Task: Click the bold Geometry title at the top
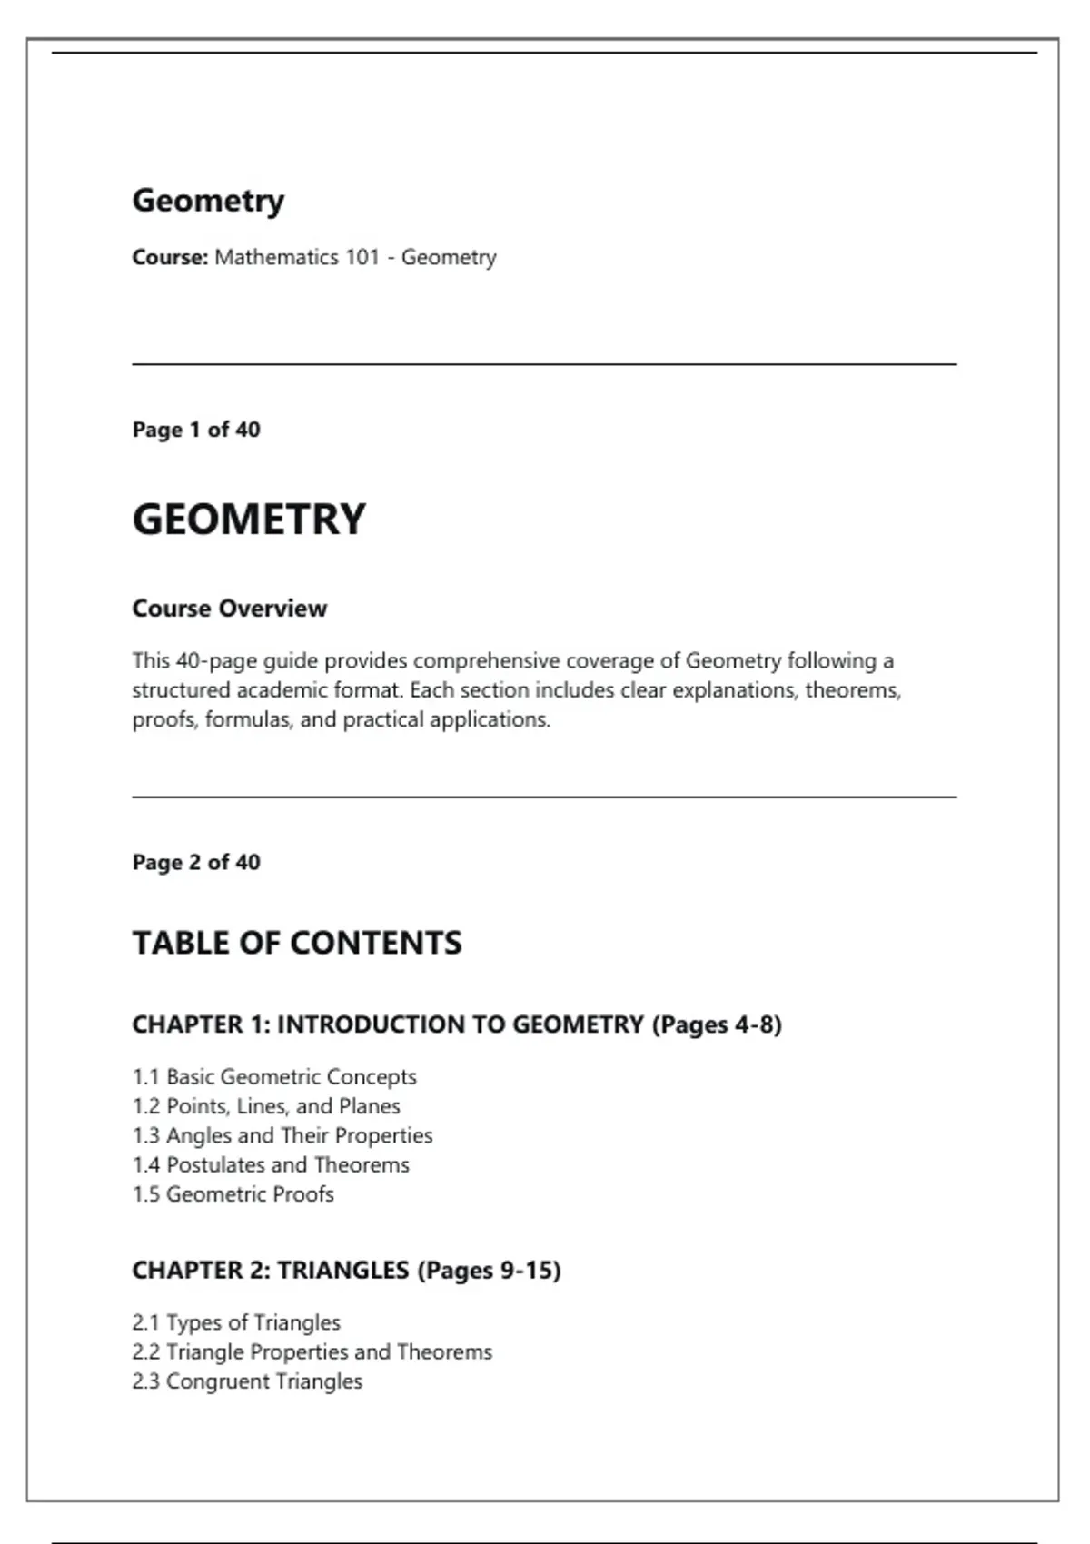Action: pyautogui.click(x=208, y=201)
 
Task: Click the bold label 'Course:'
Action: pyautogui.click(x=170, y=258)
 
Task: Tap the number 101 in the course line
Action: pyautogui.click(x=362, y=258)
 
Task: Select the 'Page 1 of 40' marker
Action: pyautogui.click(x=196, y=430)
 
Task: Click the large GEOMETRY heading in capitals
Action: pyautogui.click(x=249, y=520)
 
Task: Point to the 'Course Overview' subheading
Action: pyautogui.click(x=229, y=609)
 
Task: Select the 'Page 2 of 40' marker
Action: pyautogui.click(x=196, y=862)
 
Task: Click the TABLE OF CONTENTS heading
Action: pyautogui.click(x=297, y=943)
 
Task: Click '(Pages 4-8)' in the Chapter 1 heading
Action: pyautogui.click(x=717, y=1024)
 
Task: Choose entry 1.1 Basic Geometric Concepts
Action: pyautogui.click(x=274, y=1077)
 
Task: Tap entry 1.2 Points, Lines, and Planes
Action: pyautogui.click(x=266, y=1106)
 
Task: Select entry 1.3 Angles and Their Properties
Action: pyautogui.click(x=282, y=1135)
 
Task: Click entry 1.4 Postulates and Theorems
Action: pyautogui.click(x=271, y=1164)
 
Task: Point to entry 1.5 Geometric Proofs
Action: pyautogui.click(x=233, y=1194)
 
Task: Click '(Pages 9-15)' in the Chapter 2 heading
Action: pyautogui.click(x=489, y=1270)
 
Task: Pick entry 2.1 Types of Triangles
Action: pyautogui.click(x=236, y=1322)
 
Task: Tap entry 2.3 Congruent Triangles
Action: pyautogui.click(x=247, y=1381)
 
